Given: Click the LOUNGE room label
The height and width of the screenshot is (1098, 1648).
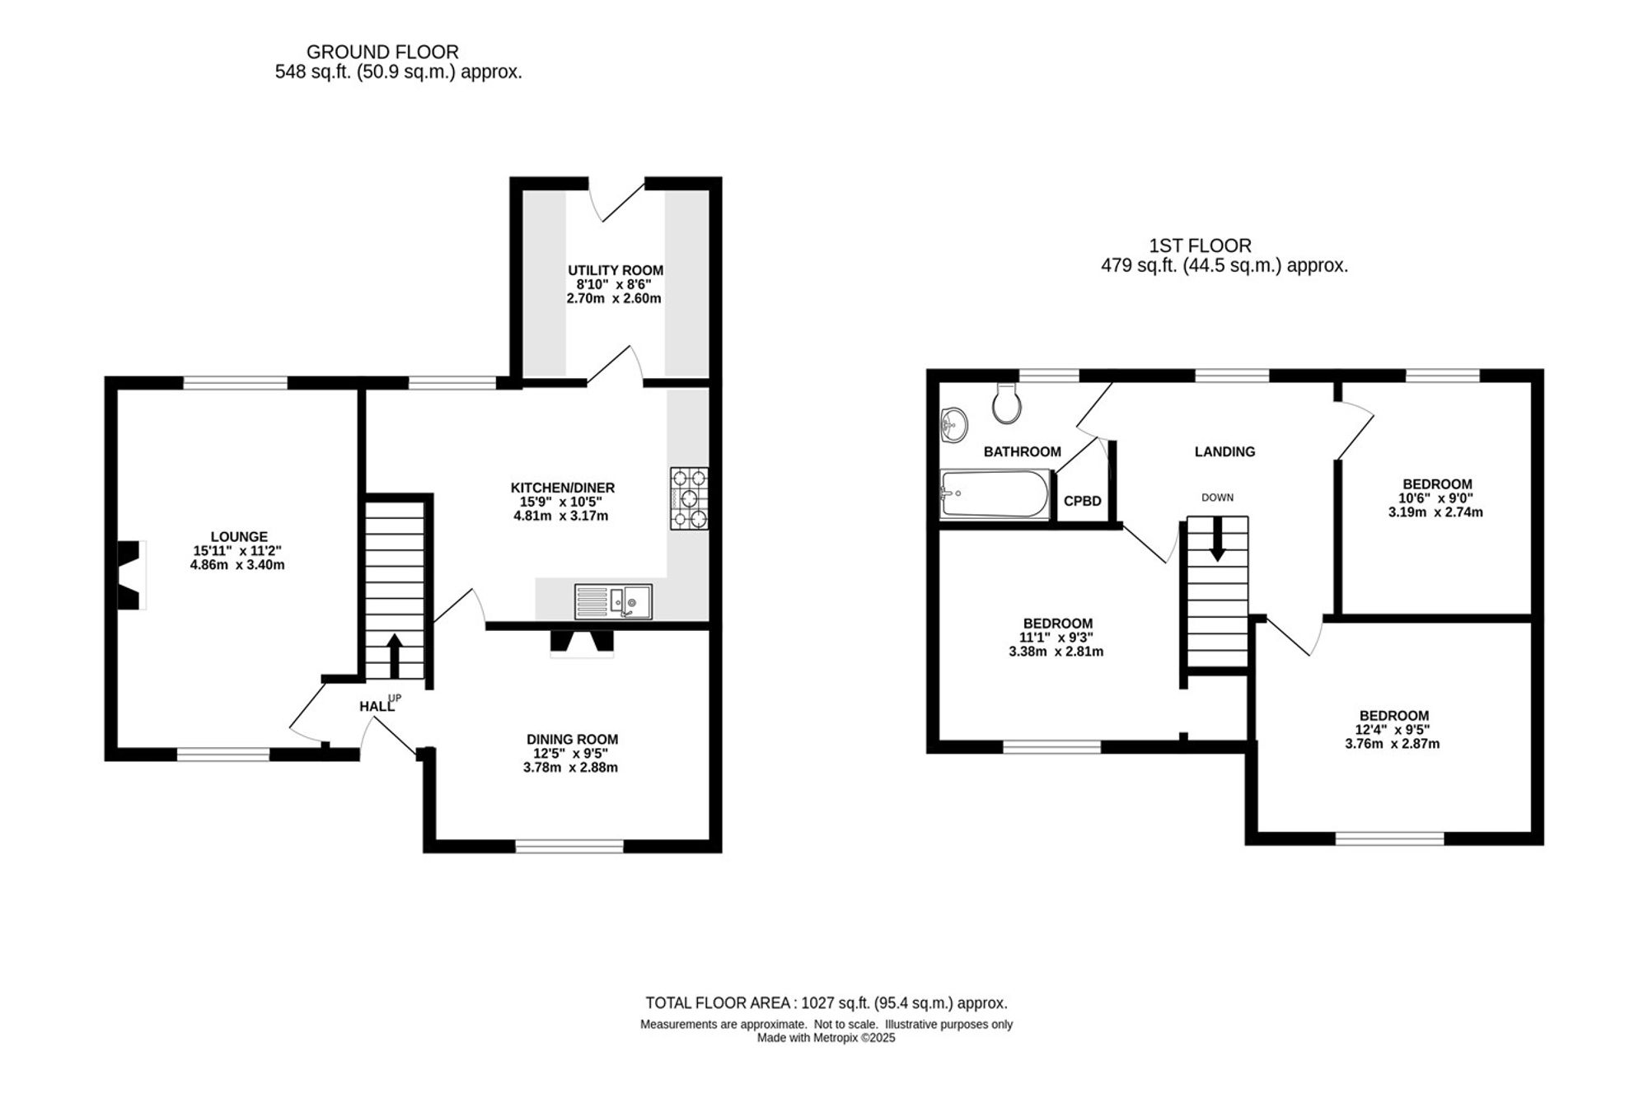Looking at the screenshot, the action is point(239,537).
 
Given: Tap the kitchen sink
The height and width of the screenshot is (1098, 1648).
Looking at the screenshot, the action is point(614,601).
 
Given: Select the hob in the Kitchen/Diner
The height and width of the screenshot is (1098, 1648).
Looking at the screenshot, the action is point(689,498).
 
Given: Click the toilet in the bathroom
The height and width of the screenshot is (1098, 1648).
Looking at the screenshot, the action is point(1007,403).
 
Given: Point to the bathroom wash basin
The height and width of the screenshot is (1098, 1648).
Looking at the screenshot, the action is point(953,425).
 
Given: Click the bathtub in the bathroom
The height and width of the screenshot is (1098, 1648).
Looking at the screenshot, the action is point(995,494).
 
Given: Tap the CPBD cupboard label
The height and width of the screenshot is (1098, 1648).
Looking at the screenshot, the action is point(1083,501).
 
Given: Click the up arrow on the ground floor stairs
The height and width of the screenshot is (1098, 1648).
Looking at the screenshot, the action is point(394,655).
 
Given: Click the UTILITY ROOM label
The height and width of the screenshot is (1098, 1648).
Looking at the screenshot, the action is point(616,270).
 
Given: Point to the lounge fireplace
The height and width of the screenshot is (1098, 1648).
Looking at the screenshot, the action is point(132,575).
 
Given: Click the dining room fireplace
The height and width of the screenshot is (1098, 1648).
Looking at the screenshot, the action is point(582,643).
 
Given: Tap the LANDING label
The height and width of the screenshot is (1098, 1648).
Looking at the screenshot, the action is point(1225,451).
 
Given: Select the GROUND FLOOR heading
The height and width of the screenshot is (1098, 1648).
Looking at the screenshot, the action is point(382,53).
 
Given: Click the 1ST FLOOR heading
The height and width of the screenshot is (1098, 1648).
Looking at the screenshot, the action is point(1201,245).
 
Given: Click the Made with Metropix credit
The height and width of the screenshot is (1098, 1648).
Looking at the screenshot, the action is point(826,1038).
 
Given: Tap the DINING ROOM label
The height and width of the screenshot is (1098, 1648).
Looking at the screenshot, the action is point(573,740).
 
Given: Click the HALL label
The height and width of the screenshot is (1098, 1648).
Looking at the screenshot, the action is point(377,706).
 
